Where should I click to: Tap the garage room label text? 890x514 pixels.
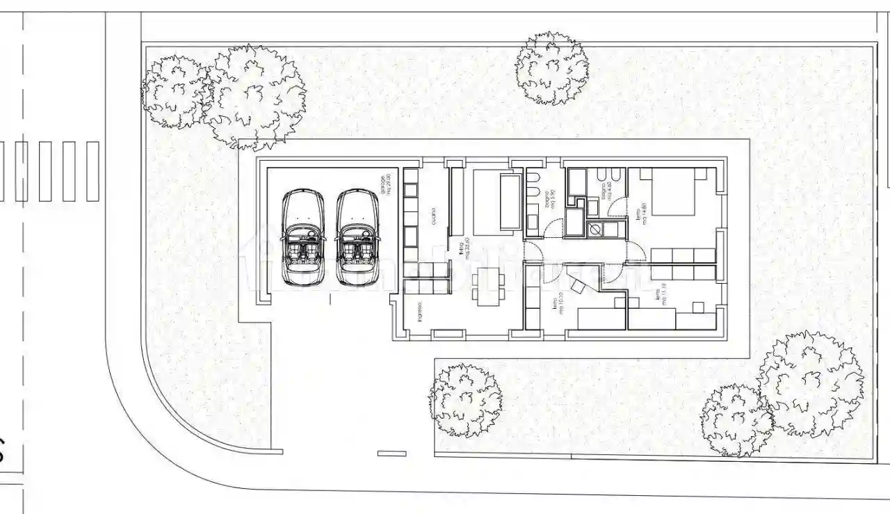(385, 186)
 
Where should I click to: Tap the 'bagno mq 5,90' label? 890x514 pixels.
(549, 201)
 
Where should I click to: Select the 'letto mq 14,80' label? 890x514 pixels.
(640, 213)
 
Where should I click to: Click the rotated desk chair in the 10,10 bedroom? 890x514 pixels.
(577, 284)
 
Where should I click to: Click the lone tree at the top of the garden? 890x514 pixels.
(551, 68)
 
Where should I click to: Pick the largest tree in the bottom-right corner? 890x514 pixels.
(811, 385)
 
